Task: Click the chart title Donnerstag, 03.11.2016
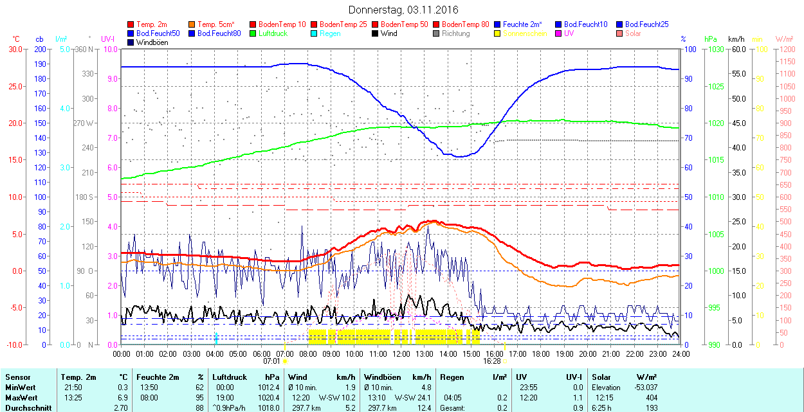coord(403,10)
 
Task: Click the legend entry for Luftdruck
coord(272,33)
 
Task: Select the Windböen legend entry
coord(152,42)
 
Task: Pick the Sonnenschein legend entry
coord(525,33)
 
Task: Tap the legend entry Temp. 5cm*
coord(215,24)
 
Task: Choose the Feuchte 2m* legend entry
coord(523,24)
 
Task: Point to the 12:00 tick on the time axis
coord(401,354)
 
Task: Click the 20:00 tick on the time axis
coord(587,354)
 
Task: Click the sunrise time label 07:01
coord(271,361)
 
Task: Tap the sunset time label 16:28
coord(492,361)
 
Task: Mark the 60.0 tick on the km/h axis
coord(737,49)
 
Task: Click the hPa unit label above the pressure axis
coord(711,39)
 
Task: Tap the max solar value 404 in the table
coord(650,397)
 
